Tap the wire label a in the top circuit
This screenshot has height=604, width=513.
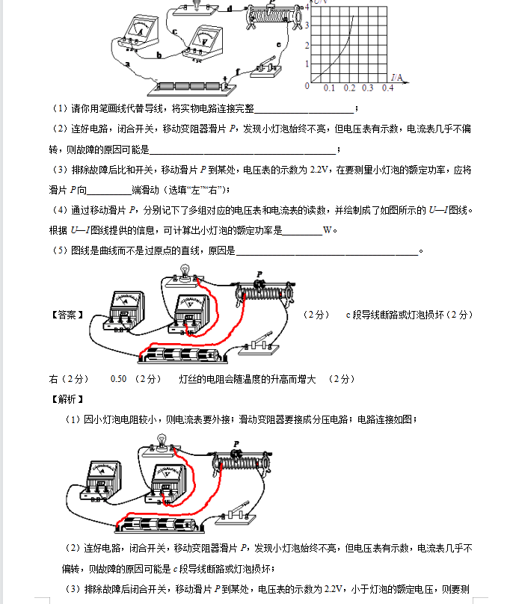tap(128, 64)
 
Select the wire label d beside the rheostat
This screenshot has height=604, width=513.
tap(230, 9)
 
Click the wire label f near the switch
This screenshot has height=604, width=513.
tap(238, 72)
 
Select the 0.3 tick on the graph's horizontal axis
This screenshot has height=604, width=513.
tap(367, 88)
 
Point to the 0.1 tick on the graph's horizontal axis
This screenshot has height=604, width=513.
tap(329, 88)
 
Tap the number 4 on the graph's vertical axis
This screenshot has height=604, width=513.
tap(307, 6)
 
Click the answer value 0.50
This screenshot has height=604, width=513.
tap(118, 379)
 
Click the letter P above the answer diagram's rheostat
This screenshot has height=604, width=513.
tap(259, 274)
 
